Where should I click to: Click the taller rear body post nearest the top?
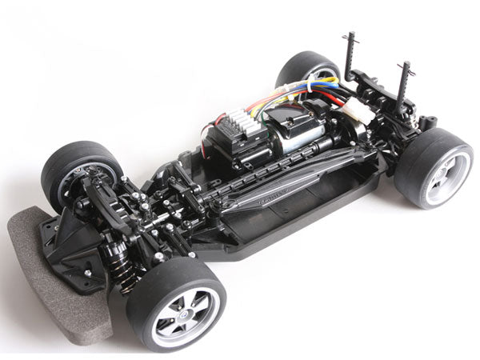[x=350, y=56]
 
